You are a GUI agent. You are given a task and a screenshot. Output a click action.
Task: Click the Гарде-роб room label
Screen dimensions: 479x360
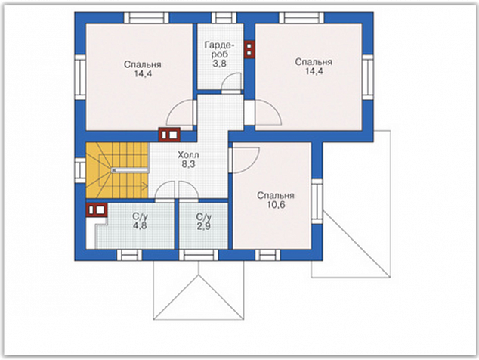click(220, 50)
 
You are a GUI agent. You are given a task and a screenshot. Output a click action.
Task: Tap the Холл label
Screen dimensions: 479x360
click(188, 155)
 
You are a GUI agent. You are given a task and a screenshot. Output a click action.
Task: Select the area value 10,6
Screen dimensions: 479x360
click(277, 205)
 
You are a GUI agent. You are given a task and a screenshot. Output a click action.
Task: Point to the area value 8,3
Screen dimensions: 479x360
click(188, 165)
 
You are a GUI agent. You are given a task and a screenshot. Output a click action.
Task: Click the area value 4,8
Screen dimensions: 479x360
click(140, 226)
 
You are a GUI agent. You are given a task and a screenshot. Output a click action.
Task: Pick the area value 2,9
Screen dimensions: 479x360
click(203, 227)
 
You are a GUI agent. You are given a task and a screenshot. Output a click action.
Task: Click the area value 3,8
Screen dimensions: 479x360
click(219, 64)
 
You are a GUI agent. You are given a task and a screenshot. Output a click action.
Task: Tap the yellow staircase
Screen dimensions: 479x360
click(117, 170)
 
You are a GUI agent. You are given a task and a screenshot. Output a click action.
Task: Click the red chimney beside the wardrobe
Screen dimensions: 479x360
click(249, 49)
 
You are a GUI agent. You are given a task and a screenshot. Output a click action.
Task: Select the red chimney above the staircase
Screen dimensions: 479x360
click(169, 135)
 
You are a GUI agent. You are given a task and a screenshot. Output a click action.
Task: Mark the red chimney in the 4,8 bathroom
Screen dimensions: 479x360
click(97, 210)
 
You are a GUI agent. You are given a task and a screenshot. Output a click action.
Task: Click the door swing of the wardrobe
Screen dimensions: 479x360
click(231, 82)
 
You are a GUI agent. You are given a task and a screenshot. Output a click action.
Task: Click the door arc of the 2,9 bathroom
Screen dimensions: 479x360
click(188, 190)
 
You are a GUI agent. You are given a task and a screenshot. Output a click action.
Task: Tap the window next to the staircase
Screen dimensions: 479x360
click(80, 170)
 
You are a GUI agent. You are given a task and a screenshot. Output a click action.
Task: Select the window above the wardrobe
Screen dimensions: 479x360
click(224, 17)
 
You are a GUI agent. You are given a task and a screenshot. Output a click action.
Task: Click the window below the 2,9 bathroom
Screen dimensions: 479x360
click(199, 255)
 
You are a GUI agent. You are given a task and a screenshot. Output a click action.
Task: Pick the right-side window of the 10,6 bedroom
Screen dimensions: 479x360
click(317, 201)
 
